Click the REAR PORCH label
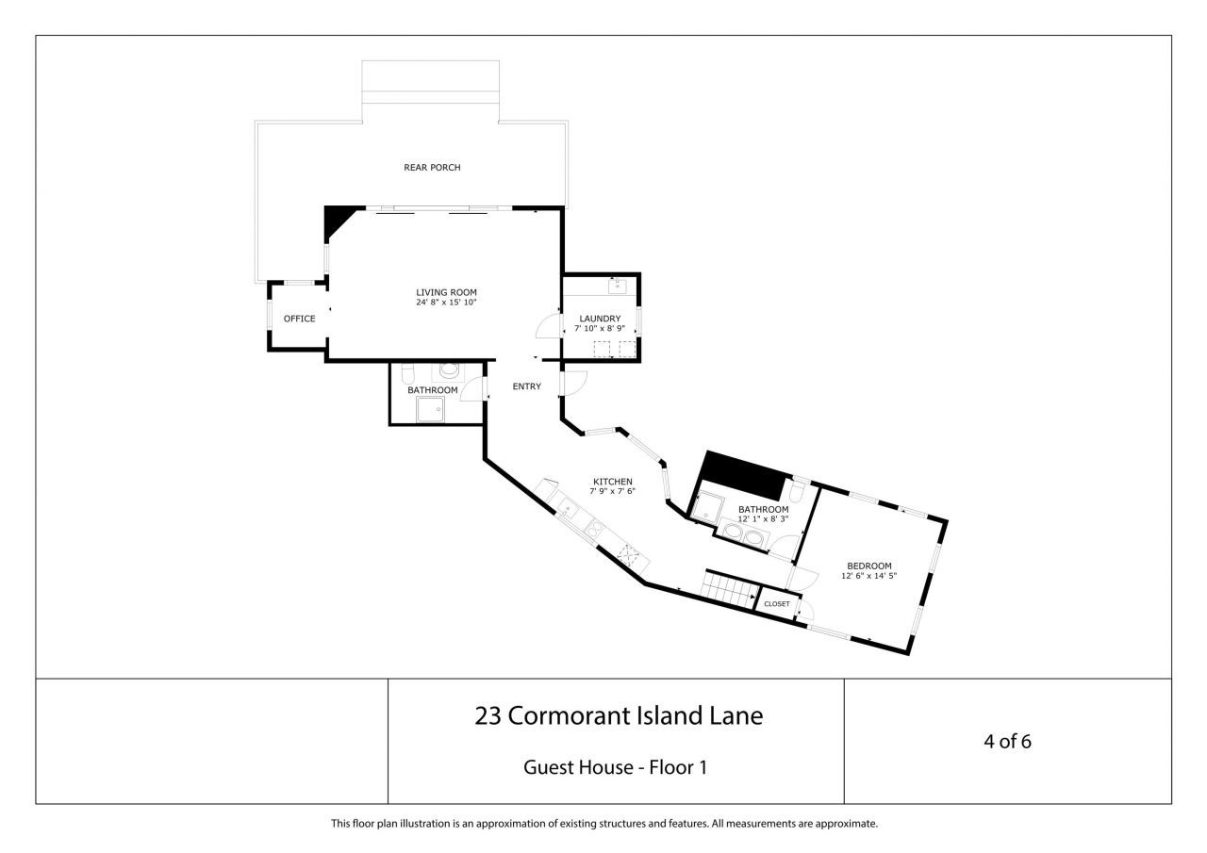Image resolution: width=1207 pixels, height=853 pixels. pyautogui.click(x=432, y=168)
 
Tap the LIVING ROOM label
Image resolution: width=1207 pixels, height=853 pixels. pyautogui.click(x=446, y=292)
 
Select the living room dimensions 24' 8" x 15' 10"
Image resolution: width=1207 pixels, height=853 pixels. pyautogui.click(x=446, y=303)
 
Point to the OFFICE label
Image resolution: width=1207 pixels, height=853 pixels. pyautogui.click(x=299, y=319)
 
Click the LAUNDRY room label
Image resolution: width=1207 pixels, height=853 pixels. pyautogui.click(x=600, y=319)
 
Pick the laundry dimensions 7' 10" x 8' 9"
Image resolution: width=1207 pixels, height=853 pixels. pyautogui.click(x=600, y=329)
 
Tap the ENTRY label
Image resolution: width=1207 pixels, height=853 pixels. pyautogui.click(x=526, y=386)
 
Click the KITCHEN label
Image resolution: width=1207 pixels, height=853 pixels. pyautogui.click(x=612, y=482)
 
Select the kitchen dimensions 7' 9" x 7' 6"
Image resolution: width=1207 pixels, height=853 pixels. pyautogui.click(x=612, y=492)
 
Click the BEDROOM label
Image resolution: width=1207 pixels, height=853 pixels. pyautogui.click(x=868, y=566)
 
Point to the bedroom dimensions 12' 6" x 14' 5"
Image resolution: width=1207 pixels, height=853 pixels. pyautogui.click(x=868, y=576)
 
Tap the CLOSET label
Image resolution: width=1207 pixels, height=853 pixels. pyautogui.click(x=777, y=603)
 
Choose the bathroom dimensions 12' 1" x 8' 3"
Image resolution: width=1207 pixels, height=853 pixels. pyautogui.click(x=763, y=519)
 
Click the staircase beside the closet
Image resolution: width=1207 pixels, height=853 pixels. pyautogui.click(x=732, y=592)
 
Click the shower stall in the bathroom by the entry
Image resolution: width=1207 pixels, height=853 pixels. pyautogui.click(x=431, y=408)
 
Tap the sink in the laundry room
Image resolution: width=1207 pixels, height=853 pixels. pyautogui.click(x=619, y=284)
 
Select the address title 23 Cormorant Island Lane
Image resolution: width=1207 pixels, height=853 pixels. pyautogui.click(x=618, y=716)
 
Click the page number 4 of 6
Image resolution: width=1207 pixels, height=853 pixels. pyautogui.click(x=1007, y=741)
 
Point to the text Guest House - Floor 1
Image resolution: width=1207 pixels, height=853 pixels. pyautogui.click(x=615, y=767)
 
